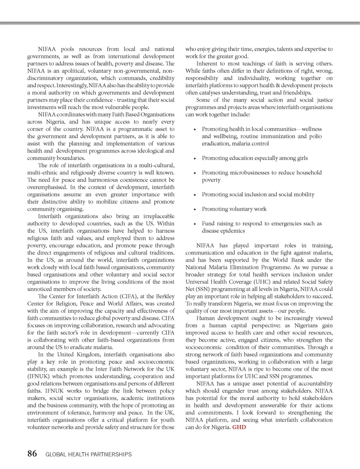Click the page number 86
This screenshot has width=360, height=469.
[x=32, y=454]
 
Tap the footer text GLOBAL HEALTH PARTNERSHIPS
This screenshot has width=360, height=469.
[x=89, y=454]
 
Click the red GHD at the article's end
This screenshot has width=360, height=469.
[x=239, y=427]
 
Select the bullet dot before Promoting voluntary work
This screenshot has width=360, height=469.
[x=195, y=210]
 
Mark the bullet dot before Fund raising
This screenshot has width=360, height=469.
[x=195, y=224]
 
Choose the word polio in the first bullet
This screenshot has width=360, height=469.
[x=315, y=136]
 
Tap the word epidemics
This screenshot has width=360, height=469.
[x=233, y=231]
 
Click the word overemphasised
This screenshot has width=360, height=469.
[x=47, y=187]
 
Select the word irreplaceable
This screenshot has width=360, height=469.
[x=159, y=216]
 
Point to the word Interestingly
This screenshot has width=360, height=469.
[x=71, y=85]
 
